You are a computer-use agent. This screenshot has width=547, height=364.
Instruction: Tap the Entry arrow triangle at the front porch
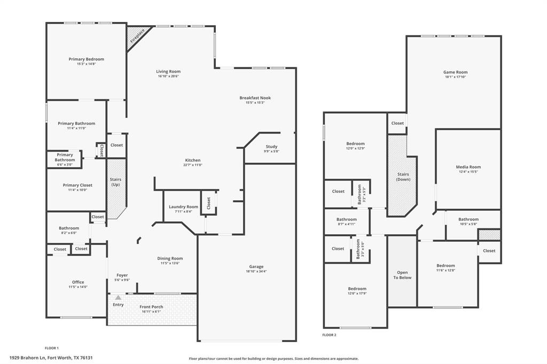click(x=118, y=297)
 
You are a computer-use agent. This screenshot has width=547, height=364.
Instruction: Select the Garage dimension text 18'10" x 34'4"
click(x=256, y=272)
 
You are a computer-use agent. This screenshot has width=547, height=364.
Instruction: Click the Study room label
click(x=271, y=147)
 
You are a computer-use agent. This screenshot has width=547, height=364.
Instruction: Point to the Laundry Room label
click(x=183, y=207)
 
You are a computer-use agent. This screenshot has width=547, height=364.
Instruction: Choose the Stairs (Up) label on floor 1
click(x=115, y=182)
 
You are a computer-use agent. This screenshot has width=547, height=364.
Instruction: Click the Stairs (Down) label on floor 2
click(x=403, y=177)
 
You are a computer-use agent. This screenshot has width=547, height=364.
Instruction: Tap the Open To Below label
click(x=402, y=275)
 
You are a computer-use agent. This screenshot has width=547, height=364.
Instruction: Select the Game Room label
click(x=455, y=72)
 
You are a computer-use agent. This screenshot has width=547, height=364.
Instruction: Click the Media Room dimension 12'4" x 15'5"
click(x=468, y=172)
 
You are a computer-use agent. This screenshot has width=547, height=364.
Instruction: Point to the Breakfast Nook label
click(x=255, y=98)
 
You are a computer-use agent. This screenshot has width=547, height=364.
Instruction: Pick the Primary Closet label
click(x=77, y=185)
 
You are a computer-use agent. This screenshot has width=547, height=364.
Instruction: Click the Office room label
click(x=78, y=282)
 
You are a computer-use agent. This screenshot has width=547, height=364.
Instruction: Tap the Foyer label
click(x=122, y=275)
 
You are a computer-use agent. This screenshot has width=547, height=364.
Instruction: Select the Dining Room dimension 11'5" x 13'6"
click(x=170, y=263)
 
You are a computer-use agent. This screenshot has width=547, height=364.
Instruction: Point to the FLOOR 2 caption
click(x=329, y=335)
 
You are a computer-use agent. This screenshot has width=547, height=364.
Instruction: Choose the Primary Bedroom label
click(x=86, y=59)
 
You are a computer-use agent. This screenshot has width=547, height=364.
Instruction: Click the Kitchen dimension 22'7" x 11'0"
click(x=193, y=165)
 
